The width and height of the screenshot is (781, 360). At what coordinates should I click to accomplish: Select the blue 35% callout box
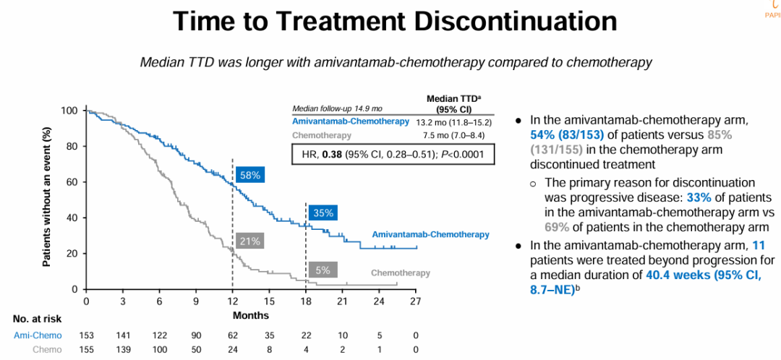(323, 213)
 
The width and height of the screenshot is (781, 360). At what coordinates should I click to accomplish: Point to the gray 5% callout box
(323, 270)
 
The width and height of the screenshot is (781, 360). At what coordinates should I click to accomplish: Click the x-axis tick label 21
(342, 301)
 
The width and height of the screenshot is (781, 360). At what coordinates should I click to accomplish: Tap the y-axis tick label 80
(72, 146)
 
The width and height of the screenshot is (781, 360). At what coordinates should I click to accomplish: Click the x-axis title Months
(251, 315)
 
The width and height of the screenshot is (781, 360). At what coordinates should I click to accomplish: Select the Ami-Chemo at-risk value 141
(123, 335)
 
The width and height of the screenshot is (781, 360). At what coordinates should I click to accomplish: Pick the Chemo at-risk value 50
(196, 350)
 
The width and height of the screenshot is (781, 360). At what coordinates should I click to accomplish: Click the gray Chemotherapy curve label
(400, 273)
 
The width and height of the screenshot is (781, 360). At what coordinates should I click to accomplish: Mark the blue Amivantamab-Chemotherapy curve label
(430, 234)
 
